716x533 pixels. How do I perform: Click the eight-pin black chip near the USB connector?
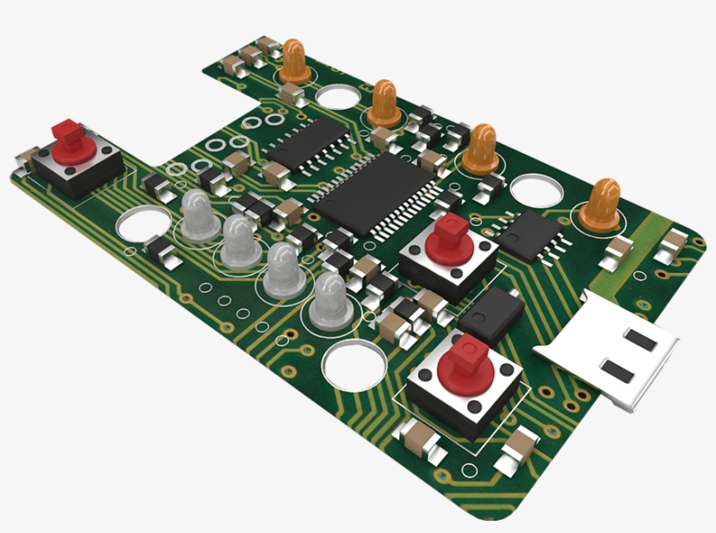click(x=532, y=235)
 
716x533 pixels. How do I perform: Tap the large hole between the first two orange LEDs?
click(x=335, y=96)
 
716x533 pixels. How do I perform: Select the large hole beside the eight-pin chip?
click(x=534, y=191)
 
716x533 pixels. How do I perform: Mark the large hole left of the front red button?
click(x=355, y=366)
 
